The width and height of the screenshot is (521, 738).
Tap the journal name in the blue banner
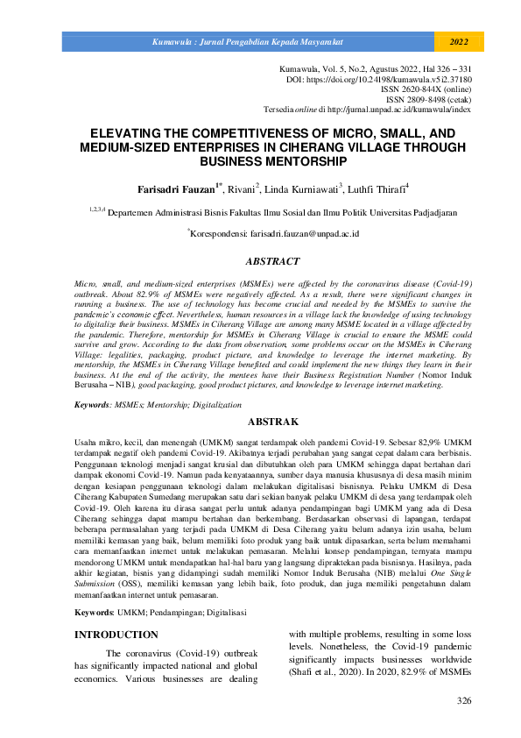pyautogui.click(x=248, y=41)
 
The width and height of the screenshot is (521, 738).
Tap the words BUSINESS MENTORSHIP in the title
pyautogui.click(x=260, y=161)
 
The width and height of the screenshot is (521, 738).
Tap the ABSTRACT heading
pyautogui.click(x=260, y=261)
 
